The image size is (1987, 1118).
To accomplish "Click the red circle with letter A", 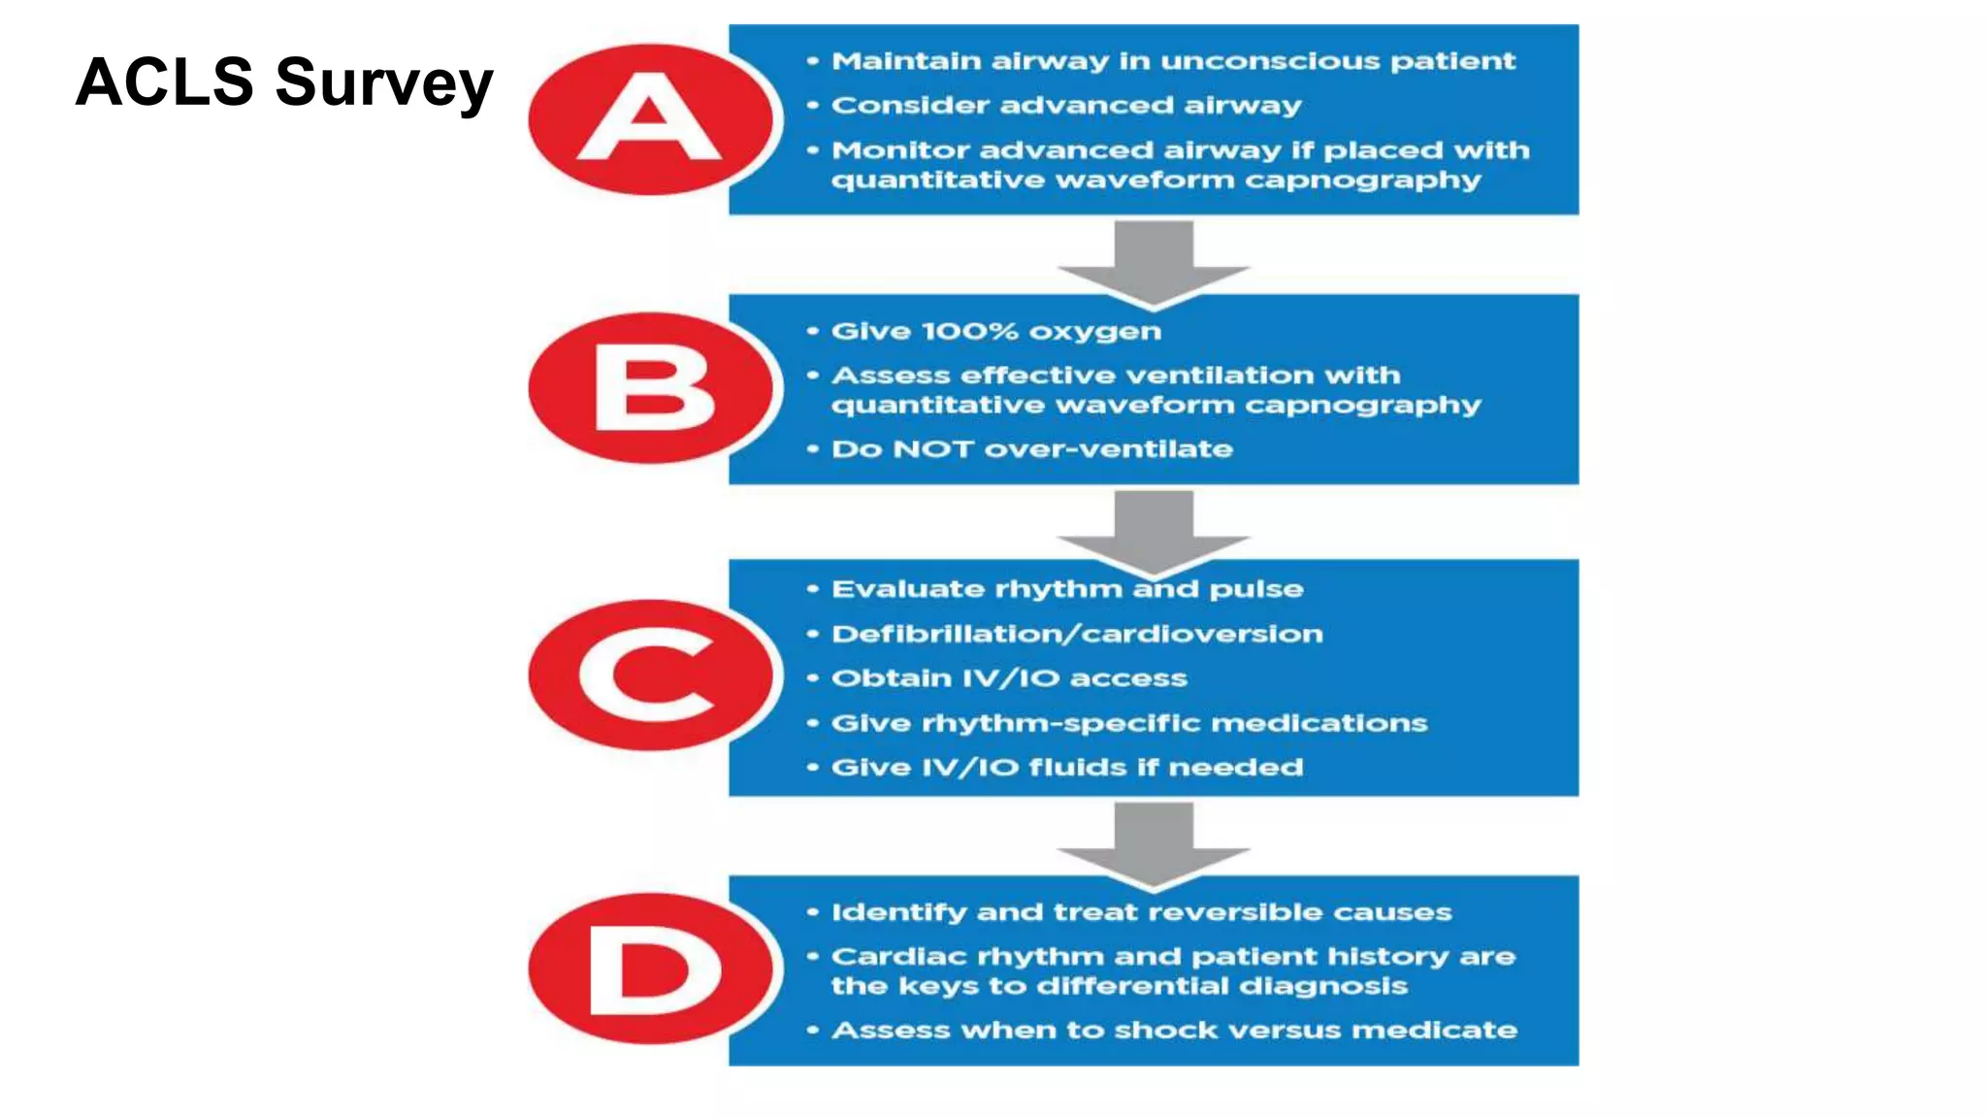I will (x=651, y=119).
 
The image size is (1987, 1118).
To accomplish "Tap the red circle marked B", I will (x=651, y=388).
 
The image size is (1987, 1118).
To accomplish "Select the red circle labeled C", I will (x=651, y=674).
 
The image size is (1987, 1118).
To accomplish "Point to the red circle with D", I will (x=651, y=969).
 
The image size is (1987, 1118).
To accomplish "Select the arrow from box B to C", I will (x=1154, y=529).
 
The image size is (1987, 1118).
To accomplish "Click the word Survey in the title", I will (x=384, y=83).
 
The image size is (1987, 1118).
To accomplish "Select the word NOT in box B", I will (x=932, y=449).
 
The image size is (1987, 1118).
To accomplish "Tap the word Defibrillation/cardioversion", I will (x=1077, y=634).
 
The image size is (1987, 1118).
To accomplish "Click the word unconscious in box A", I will (x=1269, y=61).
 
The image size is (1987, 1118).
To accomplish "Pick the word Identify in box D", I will (x=898, y=912).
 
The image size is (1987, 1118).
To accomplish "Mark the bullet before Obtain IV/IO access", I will (x=813, y=678).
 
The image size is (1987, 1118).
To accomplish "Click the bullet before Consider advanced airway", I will (x=813, y=105).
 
